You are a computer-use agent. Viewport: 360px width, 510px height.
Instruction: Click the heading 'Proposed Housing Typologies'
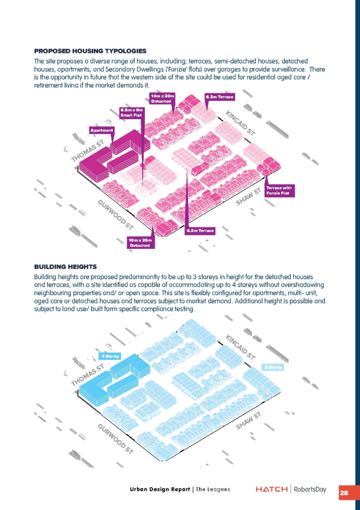pyautogui.click(x=90, y=51)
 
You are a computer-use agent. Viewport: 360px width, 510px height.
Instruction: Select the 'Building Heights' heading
pyautogui.click(x=66, y=267)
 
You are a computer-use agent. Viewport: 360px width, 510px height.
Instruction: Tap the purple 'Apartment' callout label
pyautogui.click(x=102, y=131)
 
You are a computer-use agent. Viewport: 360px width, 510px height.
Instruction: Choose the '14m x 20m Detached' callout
pyautogui.click(x=163, y=99)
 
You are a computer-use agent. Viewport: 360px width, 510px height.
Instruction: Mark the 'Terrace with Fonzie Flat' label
pyautogui.click(x=279, y=191)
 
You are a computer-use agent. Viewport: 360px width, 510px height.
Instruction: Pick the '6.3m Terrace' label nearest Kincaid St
pyautogui.click(x=219, y=97)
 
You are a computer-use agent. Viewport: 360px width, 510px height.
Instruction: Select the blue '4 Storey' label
pyautogui.click(x=111, y=356)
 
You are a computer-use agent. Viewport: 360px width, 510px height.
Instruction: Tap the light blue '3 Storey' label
pyautogui.click(x=273, y=367)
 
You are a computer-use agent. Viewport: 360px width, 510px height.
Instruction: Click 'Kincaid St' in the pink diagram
pyautogui.click(x=240, y=123)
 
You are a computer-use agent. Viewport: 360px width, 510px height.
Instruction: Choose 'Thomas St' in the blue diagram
pyautogui.click(x=87, y=375)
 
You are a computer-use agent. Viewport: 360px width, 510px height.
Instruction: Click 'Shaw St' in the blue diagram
pyautogui.click(x=249, y=421)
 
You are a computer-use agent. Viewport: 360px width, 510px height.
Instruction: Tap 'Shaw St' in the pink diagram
pyautogui.click(x=249, y=197)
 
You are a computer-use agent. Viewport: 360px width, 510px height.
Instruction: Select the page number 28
pyautogui.click(x=344, y=493)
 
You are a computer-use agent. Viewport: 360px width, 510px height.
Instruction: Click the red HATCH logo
pyautogui.click(x=272, y=489)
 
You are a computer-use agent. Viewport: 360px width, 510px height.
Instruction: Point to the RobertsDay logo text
pyautogui.click(x=310, y=489)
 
